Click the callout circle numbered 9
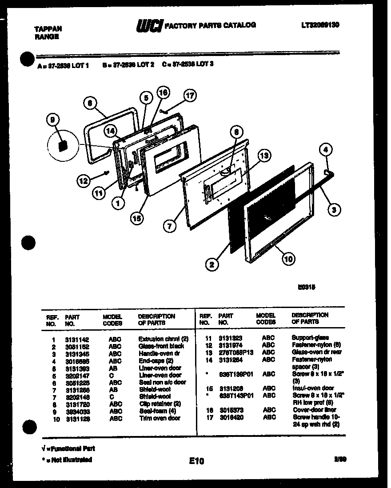tap(53, 120)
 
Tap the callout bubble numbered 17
tap(190, 95)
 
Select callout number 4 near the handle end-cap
tap(326, 150)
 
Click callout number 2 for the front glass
tap(212, 265)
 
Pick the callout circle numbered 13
tap(264, 156)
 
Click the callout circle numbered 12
tap(82, 180)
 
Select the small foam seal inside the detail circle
tap(63, 145)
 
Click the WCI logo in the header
tap(150, 26)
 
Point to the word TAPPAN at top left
tap(48, 28)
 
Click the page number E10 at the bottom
tap(195, 461)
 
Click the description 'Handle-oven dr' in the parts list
tap(159, 353)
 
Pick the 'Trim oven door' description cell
tap(160, 418)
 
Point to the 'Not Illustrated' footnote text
tap(67, 460)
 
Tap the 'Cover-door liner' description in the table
tap(314, 410)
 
